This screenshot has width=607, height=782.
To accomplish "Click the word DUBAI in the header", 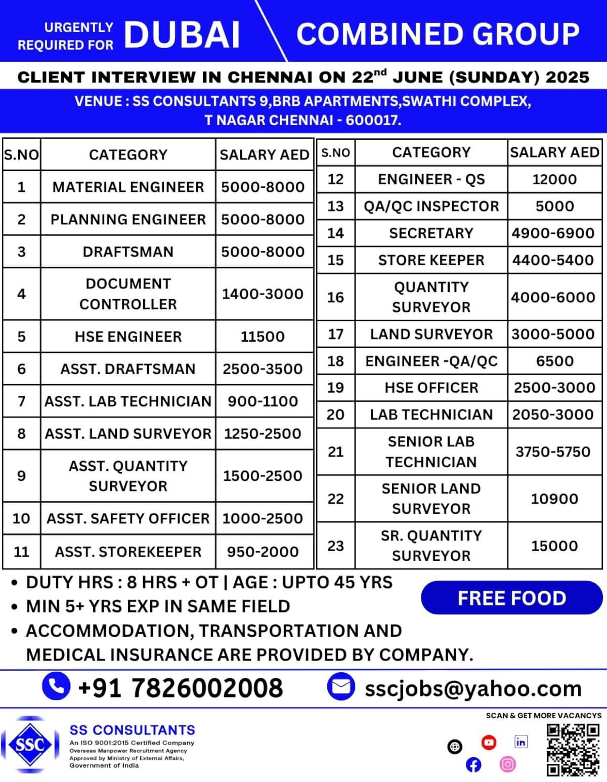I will (182, 35).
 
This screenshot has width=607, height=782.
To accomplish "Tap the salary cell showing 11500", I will (263, 337).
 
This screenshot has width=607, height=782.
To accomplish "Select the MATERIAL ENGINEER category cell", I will (128, 187).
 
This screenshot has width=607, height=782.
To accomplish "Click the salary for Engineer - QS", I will (554, 180).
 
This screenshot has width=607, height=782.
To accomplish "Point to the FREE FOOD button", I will (511, 598).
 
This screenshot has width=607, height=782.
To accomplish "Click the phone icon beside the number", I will (56, 686).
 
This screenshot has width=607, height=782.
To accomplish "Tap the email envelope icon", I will (341, 687).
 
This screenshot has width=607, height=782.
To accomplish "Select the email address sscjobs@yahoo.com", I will (473, 689).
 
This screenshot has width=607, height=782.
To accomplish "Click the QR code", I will (573, 750).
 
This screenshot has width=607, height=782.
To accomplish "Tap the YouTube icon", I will (489, 743).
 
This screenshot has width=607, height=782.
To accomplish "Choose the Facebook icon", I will (473, 765).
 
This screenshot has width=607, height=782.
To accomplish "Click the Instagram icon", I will (507, 764).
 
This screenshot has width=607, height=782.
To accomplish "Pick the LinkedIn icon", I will (521, 742).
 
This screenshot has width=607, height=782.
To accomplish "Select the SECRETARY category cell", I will (431, 233).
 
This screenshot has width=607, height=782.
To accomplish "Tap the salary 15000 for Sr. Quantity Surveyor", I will (554, 546).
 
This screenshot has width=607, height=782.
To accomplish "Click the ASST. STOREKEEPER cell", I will (128, 552).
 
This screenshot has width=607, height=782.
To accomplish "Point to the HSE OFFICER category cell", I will (431, 388).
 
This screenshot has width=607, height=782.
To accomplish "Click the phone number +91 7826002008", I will (181, 688).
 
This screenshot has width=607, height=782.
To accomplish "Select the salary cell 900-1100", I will (263, 401).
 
